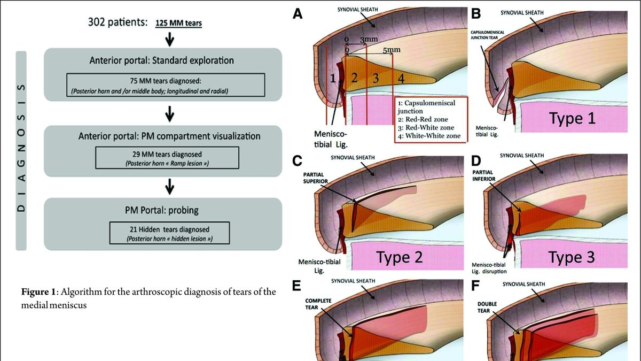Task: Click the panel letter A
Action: (298, 14)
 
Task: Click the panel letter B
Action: (475, 14)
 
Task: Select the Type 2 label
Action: (400, 257)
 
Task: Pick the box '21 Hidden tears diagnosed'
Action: (170, 233)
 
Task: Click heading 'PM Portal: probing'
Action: (170, 208)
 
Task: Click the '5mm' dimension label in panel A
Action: (392, 50)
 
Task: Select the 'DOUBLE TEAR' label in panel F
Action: (487, 306)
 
